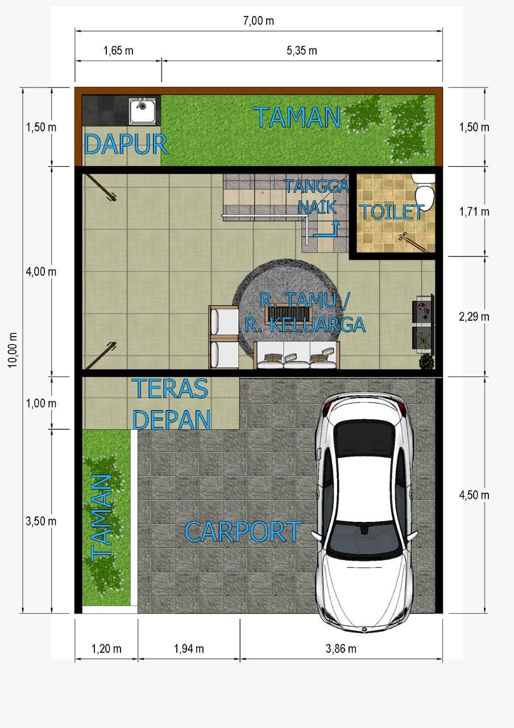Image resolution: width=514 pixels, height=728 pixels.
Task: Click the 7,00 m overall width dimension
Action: [x=258, y=21]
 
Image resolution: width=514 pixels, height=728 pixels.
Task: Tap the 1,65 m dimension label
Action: [x=118, y=51]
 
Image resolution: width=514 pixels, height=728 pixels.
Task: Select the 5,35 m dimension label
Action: [x=301, y=51]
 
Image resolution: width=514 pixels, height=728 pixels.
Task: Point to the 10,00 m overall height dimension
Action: [x=13, y=350]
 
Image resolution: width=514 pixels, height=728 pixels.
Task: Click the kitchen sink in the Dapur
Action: [x=142, y=111]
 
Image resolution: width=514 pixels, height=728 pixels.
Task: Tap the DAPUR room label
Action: [x=126, y=144]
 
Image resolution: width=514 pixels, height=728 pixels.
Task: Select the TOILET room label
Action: [x=392, y=212]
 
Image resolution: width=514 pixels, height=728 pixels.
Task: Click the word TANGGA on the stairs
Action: [x=317, y=186]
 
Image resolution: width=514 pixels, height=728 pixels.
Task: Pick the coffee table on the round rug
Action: [x=288, y=314]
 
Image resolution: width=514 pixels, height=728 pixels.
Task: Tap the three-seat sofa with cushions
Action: [x=297, y=355]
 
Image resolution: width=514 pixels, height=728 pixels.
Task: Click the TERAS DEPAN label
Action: [x=171, y=404]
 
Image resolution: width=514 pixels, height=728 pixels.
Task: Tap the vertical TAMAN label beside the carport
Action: [x=101, y=518]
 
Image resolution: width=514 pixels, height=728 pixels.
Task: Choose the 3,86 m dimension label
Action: [x=341, y=649]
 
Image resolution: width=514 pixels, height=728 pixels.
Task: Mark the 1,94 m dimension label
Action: [x=189, y=649]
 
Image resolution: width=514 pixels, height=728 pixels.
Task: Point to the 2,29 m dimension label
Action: [x=474, y=317]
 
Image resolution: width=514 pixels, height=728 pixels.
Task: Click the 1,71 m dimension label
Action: [x=474, y=212]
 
